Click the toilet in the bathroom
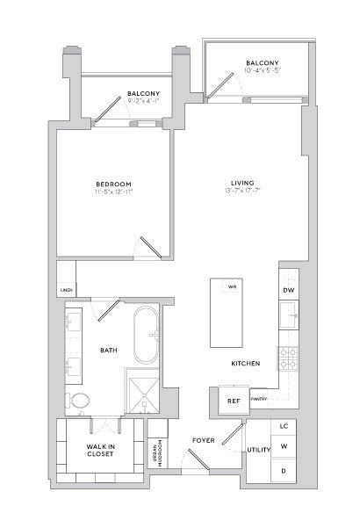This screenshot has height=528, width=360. [79, 401]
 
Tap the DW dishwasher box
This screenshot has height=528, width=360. [288, 290]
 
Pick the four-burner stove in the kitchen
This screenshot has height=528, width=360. [288, 357]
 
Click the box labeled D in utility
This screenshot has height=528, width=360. [283, 472]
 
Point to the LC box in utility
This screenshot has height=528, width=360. [283, 426]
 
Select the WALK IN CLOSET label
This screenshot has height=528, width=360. [99, 450]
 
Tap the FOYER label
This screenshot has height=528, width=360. [204, 439]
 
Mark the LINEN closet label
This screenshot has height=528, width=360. [65, 289]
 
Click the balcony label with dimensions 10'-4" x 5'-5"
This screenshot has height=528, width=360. [262, 67]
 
